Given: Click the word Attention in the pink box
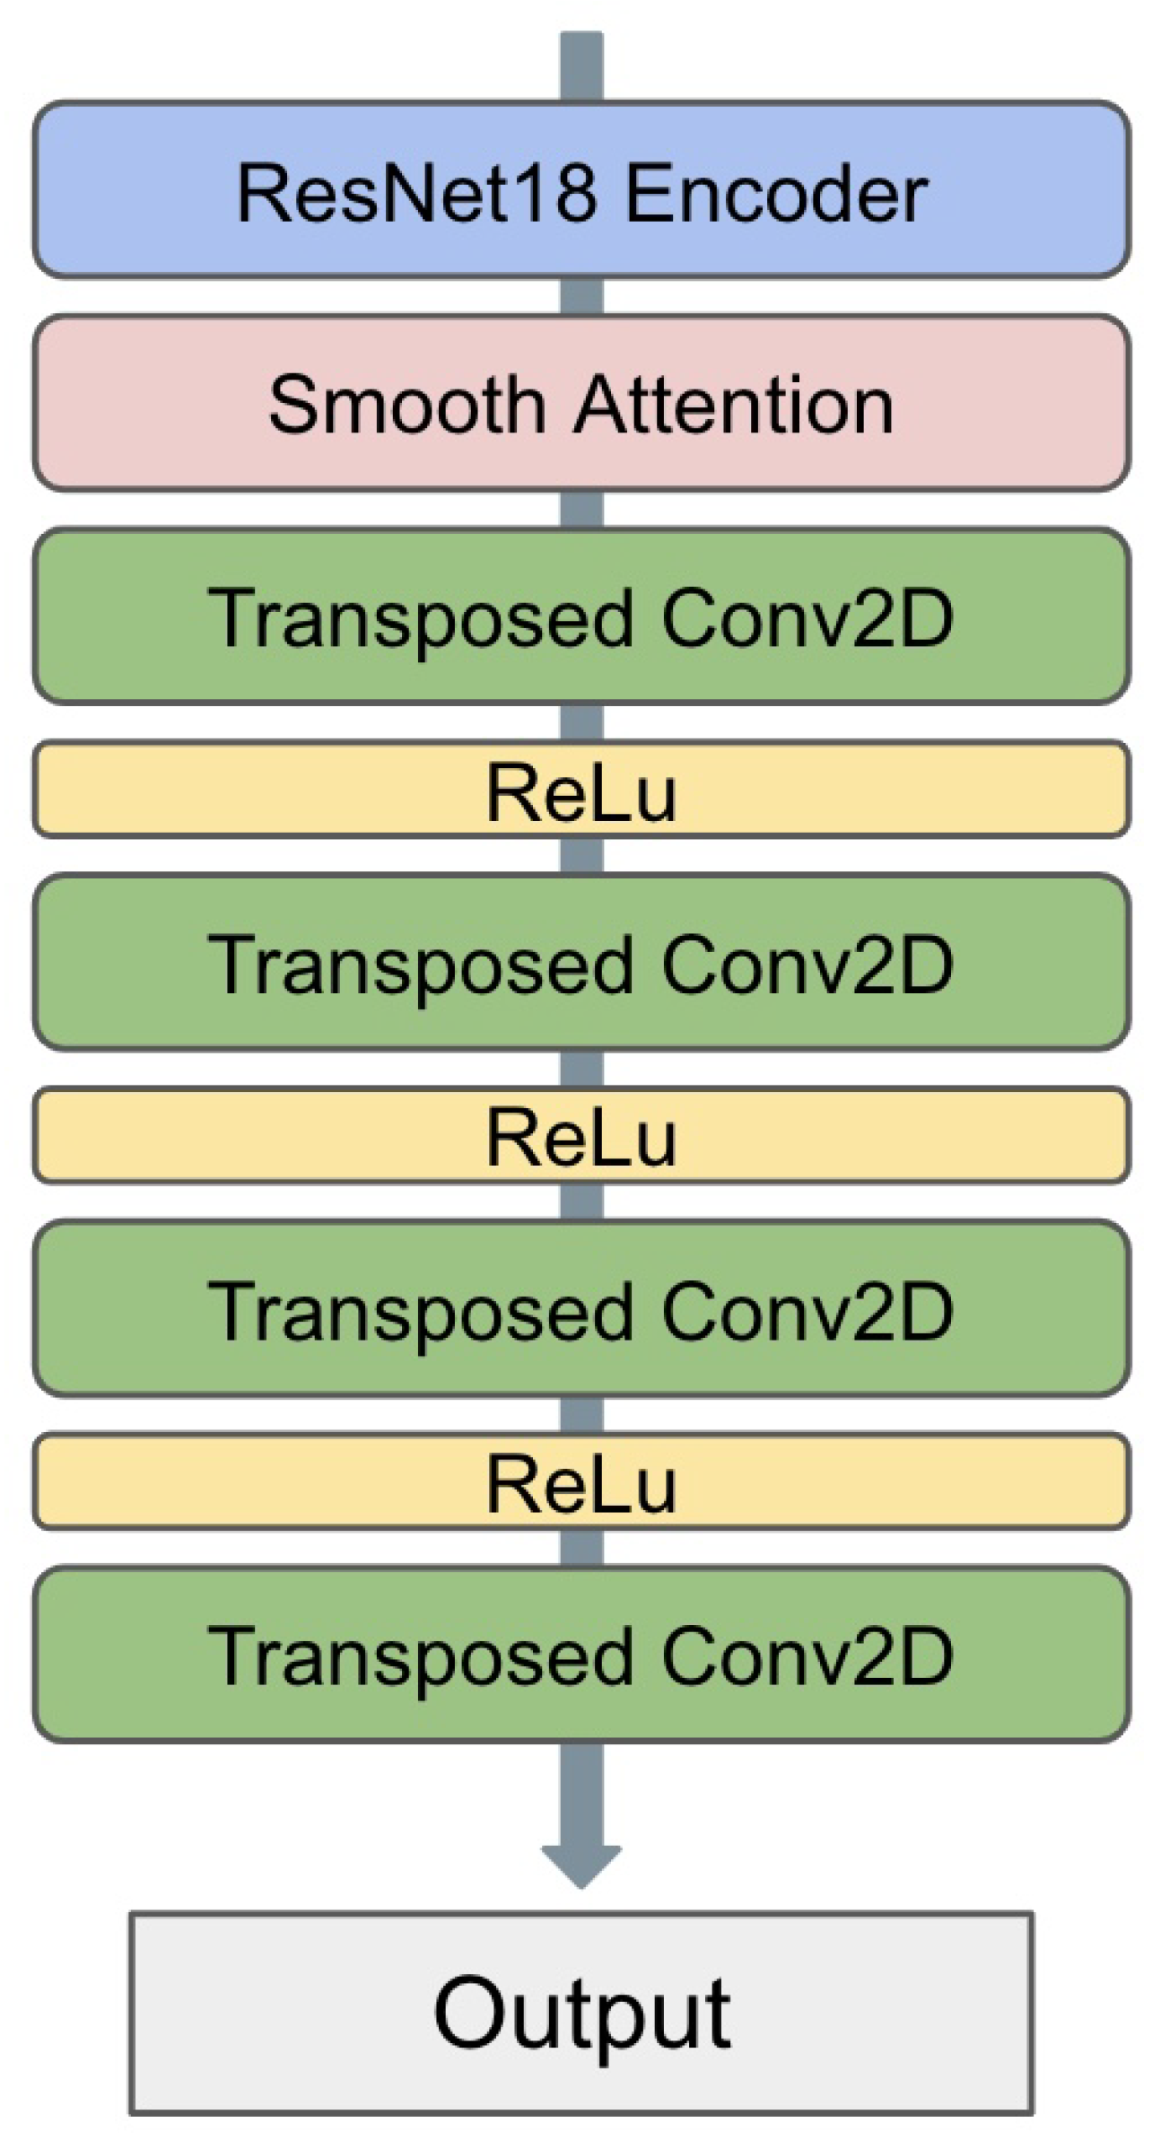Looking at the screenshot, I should (734, 406).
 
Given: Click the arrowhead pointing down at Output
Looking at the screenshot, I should (581, 1865).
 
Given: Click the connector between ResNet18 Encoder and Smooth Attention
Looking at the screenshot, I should (581, 296).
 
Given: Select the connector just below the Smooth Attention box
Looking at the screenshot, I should (581, 510).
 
